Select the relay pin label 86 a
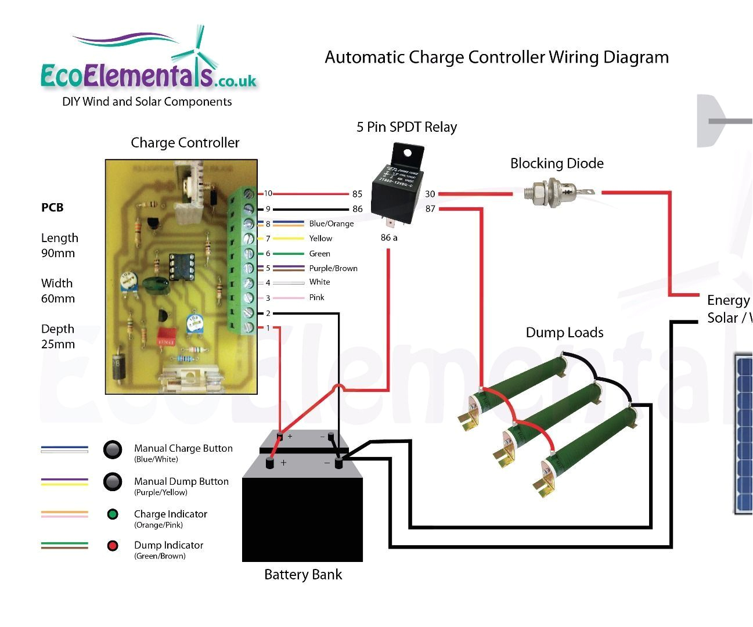(389, 237)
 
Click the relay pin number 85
(357, 194)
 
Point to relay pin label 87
(430, 209)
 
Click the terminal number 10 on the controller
(268, 194)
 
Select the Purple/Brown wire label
(333, 268)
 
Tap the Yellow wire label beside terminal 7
(320, 239)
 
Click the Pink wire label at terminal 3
(316, 297)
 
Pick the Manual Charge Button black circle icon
(113, 449)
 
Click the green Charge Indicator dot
(113, 514)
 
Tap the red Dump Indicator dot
(113, 546)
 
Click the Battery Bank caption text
(302, 575)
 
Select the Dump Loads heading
(564, 333)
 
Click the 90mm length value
(58, 254)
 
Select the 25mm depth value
(58, 344)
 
